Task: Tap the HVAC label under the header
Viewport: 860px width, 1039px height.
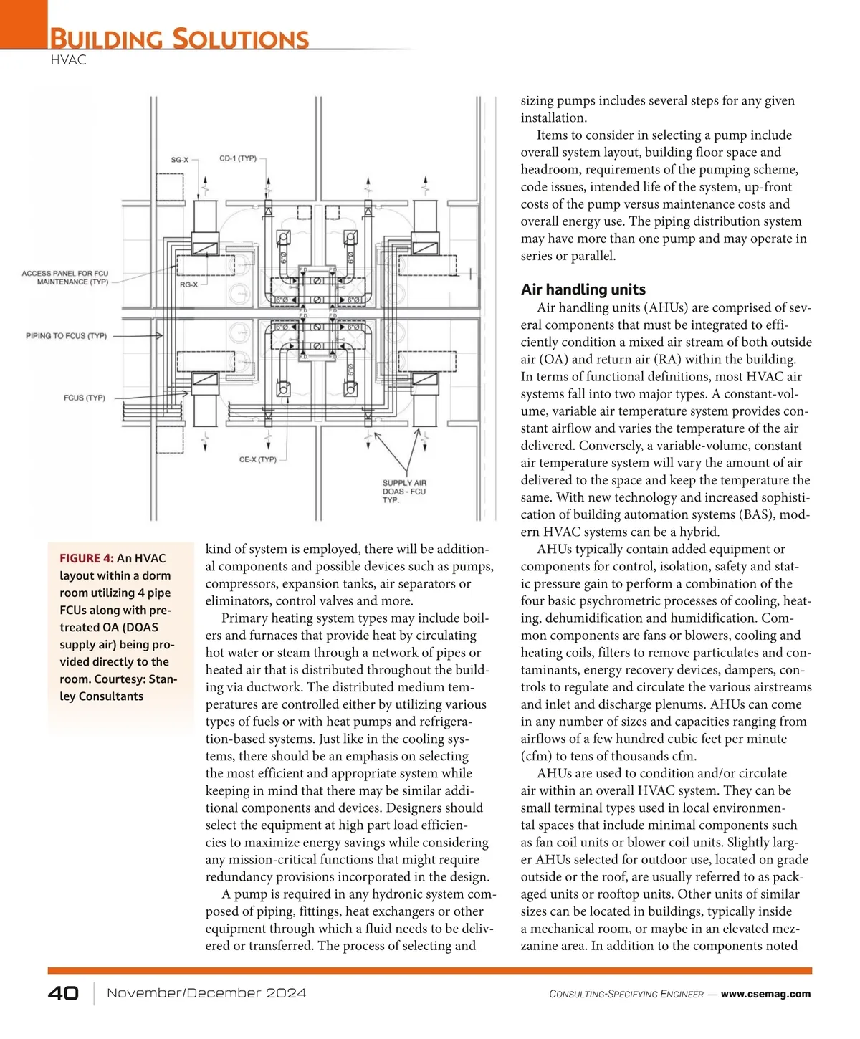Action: click(69, 60)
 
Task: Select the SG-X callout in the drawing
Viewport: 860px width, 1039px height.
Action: click(179, 160)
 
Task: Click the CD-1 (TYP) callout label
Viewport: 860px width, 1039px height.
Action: click(237, 158)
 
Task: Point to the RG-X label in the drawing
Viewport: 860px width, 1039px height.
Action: click(188, 285)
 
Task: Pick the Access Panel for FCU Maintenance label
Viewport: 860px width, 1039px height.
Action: click(65, 278)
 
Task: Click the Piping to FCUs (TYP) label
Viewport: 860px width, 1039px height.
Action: click(66, 336)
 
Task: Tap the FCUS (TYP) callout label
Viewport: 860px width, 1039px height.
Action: click(84, 398)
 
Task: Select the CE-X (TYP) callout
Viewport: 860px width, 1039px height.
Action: click(257, 459)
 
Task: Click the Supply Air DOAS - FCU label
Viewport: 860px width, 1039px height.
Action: click(404, 492)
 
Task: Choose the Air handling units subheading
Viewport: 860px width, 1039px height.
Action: click(583, 289)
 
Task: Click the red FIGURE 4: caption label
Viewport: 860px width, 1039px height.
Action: click(86, 559)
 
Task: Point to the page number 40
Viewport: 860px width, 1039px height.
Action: click(63, 993)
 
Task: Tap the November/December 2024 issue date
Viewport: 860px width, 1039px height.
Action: click(206, 993)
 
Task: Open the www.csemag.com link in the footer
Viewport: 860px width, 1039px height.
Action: click(765, 994)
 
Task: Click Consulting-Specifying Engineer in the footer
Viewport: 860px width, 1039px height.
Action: click(626, 995)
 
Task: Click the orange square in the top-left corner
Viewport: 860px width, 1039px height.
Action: click(24, 24)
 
